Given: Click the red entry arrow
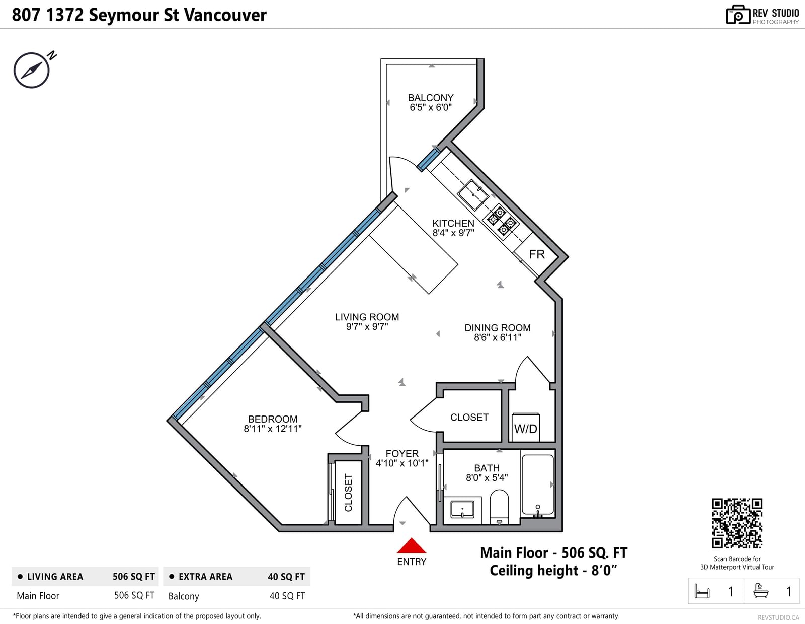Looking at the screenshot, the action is click(x=411, y=545).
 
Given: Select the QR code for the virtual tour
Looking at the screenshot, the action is click(x=737, y=523).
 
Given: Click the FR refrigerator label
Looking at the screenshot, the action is click(x=537, y=254).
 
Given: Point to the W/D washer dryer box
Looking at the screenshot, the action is click(x=525, y=428).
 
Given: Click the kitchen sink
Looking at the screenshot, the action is click(x=473, y=195).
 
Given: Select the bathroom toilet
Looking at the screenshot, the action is click(x=499, y=507).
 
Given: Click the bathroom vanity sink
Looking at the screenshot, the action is click(x=462, y=510).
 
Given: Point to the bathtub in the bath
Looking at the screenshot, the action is click(x=537, y=486).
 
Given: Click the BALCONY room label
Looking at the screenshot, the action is click(x=431, y=98).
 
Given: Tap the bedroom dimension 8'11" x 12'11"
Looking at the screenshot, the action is click(x=273, y=429).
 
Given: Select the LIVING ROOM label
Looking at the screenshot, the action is click(x=367, y=317).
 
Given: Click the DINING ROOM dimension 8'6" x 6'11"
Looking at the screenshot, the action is click(x=498, y=337).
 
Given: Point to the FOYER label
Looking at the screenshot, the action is click(x=402, y=453).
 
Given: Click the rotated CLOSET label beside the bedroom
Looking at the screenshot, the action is click(x=348, y=493).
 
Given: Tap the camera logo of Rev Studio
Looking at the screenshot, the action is click(x=738, y=15).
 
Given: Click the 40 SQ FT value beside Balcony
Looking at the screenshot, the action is click(x=287, y=596).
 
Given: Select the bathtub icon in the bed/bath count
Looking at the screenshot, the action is click(x=761, y=590).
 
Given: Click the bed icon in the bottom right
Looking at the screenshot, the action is click(x=702, y=591).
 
